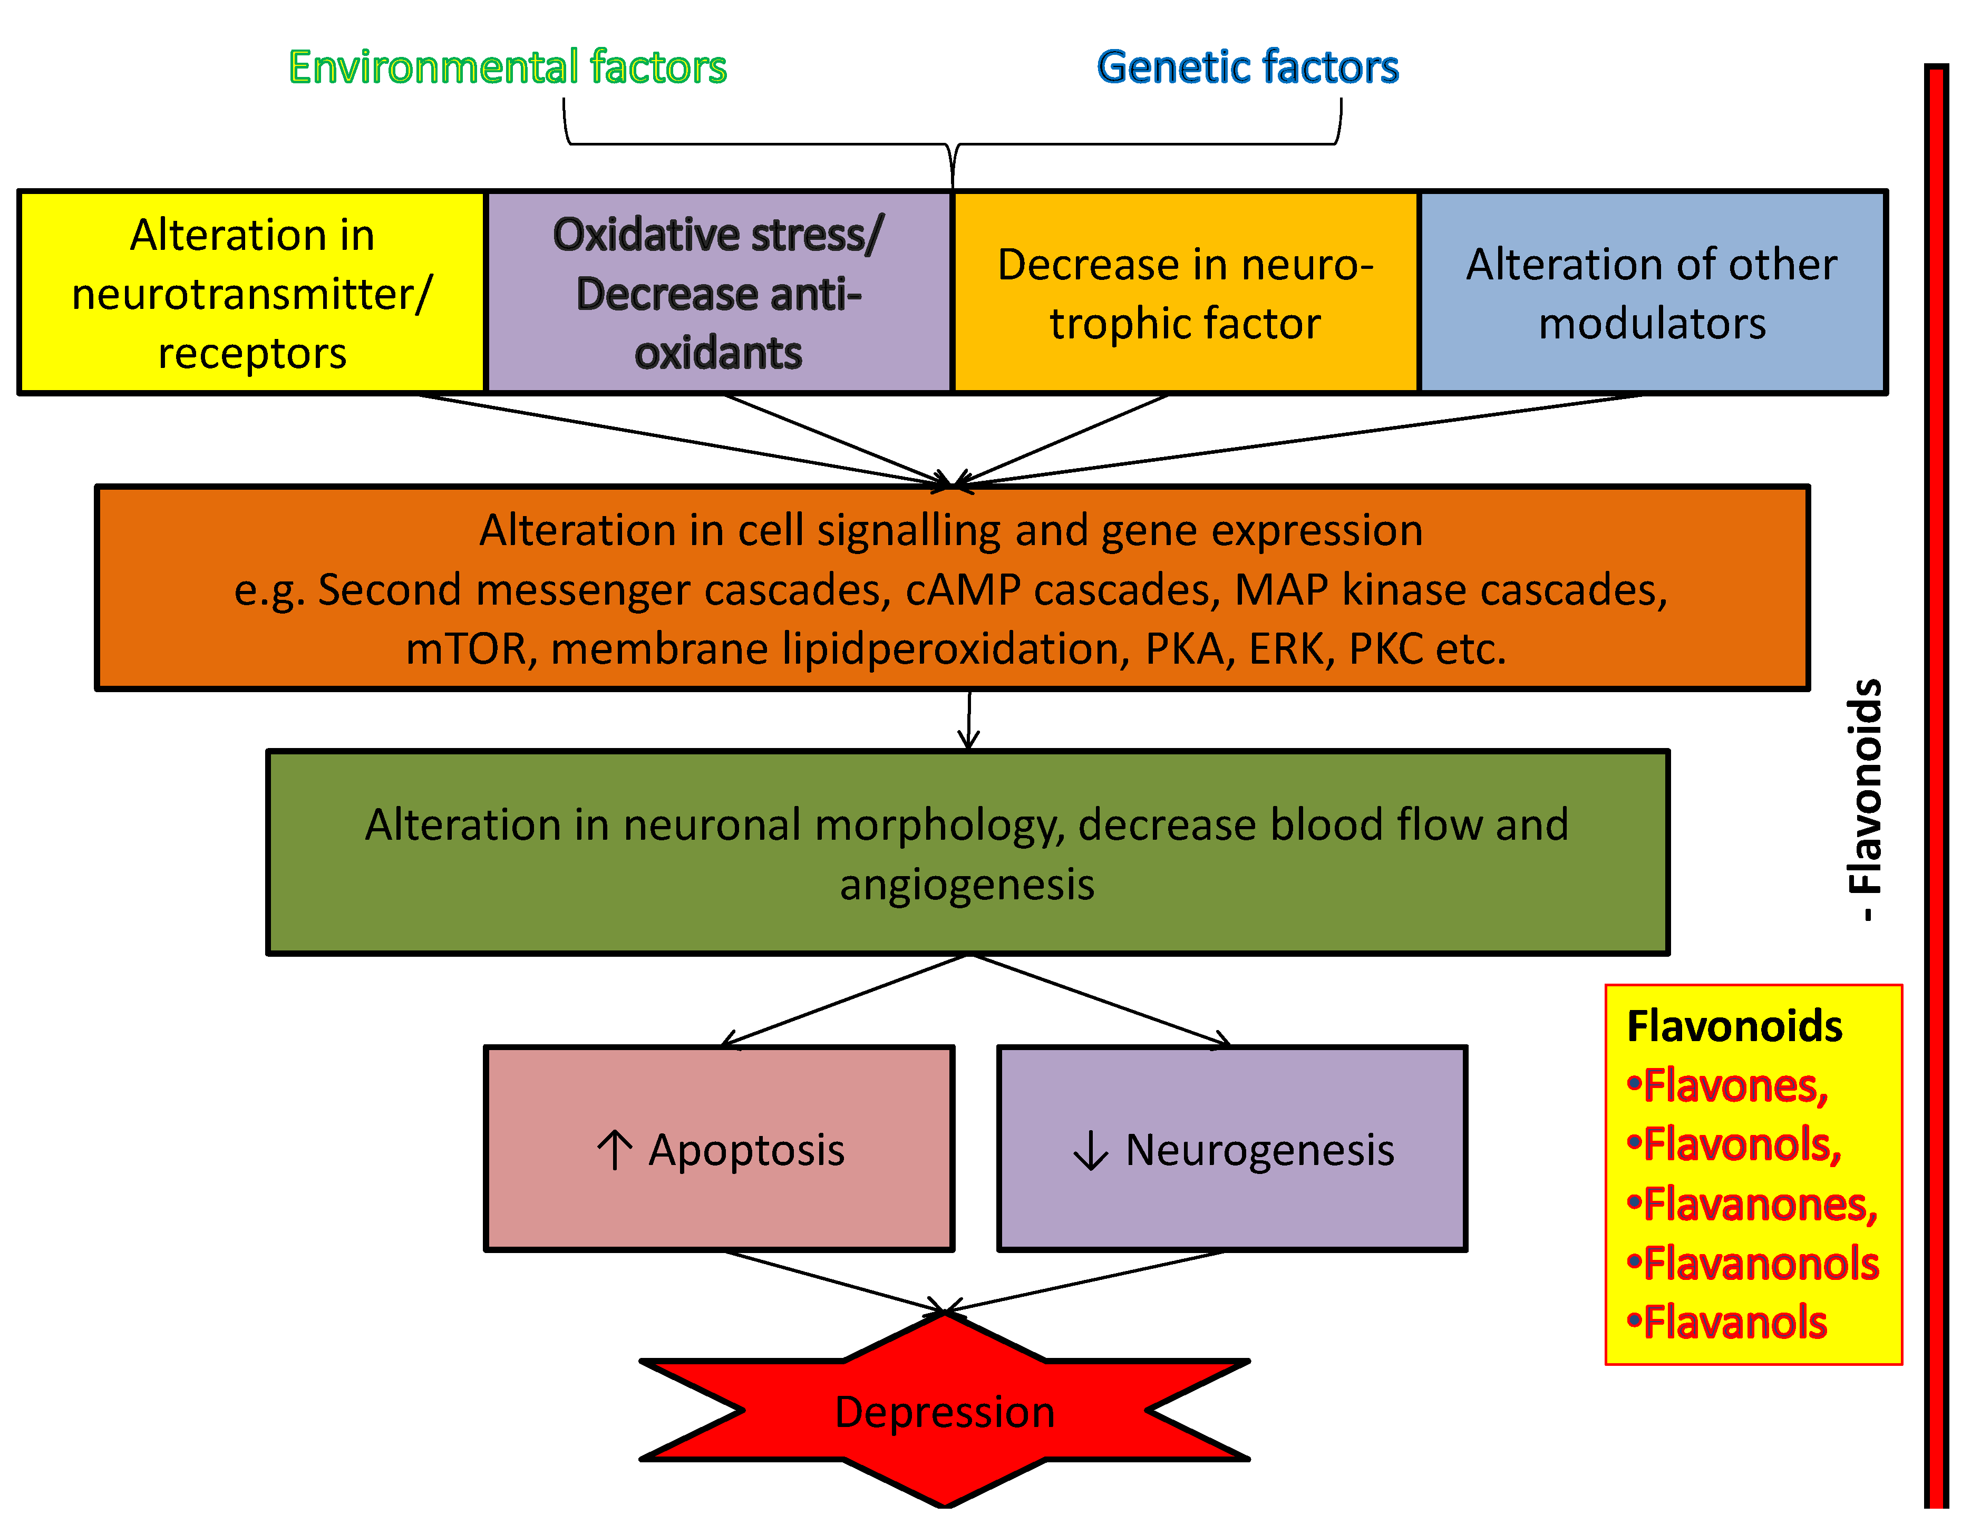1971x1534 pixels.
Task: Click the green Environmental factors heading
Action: (507, 67)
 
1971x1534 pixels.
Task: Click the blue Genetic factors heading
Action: (1247, 67)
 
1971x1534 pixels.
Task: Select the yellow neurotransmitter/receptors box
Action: (252, 293)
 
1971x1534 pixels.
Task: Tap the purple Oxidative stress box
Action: (719, 293)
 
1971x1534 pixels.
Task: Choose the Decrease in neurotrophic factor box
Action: (1185, 293)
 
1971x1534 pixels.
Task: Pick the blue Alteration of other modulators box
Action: (1652, 293)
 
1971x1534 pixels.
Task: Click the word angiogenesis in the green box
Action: (967, 885)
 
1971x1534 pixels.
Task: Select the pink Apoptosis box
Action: (719, 1149)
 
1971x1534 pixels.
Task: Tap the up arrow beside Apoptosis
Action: (615, 1150)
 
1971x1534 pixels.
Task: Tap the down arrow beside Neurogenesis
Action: (1090, 1150)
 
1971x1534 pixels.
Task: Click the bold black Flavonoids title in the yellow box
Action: (1734, 1026)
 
